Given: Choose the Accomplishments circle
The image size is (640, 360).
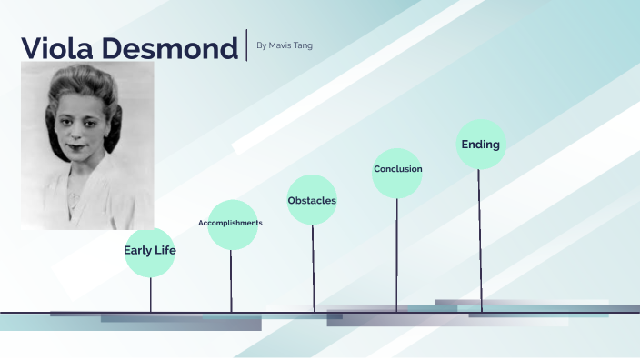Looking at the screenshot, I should [x=232, y=224].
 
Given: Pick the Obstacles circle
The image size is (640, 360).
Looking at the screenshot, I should [x=312, y=200].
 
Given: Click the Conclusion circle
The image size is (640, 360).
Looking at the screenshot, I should [x=397, y=170].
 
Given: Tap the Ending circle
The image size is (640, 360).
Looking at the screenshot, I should [x=480, y=145].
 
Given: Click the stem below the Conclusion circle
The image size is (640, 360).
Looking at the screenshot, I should [x=396, y=255].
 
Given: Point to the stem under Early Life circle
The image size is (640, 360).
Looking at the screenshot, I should [x=150, y=294].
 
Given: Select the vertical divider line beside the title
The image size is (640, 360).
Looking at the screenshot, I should [x=246, y=45].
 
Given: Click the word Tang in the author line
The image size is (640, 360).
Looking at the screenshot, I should [x=303, y=45].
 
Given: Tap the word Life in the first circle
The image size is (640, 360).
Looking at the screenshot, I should [x=165, y=249].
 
